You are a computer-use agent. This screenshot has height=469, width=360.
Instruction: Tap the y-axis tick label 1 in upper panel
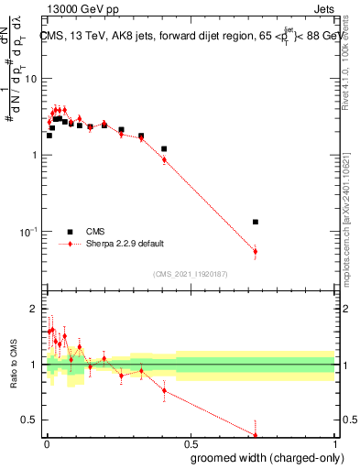click(37, 155)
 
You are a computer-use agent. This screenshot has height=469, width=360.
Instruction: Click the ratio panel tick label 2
click(37, 310)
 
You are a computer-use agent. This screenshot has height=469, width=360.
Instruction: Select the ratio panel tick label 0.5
click(32, 420)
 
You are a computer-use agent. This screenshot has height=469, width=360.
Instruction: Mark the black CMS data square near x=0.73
click(256, 222)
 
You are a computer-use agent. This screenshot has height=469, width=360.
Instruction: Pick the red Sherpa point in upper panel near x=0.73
click(256, 251)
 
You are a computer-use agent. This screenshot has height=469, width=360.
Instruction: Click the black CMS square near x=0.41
click(164, 148)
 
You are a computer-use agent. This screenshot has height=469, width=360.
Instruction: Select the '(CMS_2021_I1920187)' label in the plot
click(190, 274)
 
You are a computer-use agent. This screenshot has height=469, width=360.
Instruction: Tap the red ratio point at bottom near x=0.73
click(256, 435)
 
